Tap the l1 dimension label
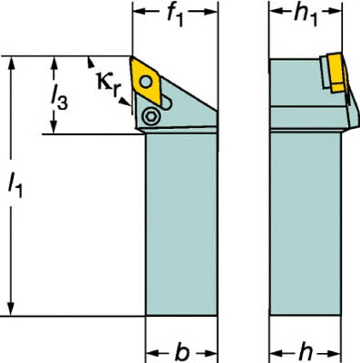click(x=15, y=185)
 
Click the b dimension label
click(x=181, y=352)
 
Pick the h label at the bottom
click(x=306, y=352)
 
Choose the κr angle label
click(x=109, y=83)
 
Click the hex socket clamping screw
click(x=151, y=116)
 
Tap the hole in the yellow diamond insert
click(x=146, y=82)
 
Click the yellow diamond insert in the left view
click(x=147, y=80)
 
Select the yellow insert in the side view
click(x=336, y=73)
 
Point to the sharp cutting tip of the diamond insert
click(x=131, y=57)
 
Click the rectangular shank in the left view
click(x=181, y=224)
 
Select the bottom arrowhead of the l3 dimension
click(x=54, y=126)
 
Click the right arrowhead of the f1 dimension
click(x=210, y=12)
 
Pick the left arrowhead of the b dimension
click(x=153, y=353)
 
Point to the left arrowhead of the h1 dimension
click(x=277, y=12)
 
